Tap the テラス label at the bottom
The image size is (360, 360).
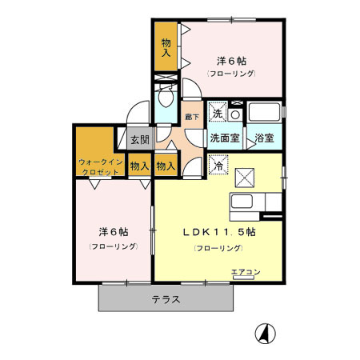click(166, 299)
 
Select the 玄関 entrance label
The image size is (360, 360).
click(139, 139)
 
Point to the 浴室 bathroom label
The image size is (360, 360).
click(264, 138)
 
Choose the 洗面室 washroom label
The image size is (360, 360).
click(225, 138)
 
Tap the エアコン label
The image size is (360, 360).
click(246, 273)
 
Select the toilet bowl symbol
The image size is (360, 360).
click(166, 100)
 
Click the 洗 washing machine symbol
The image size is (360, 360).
click(218, 114)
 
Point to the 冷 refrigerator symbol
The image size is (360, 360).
click(218, 166)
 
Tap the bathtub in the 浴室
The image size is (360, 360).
click(263, 110)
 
